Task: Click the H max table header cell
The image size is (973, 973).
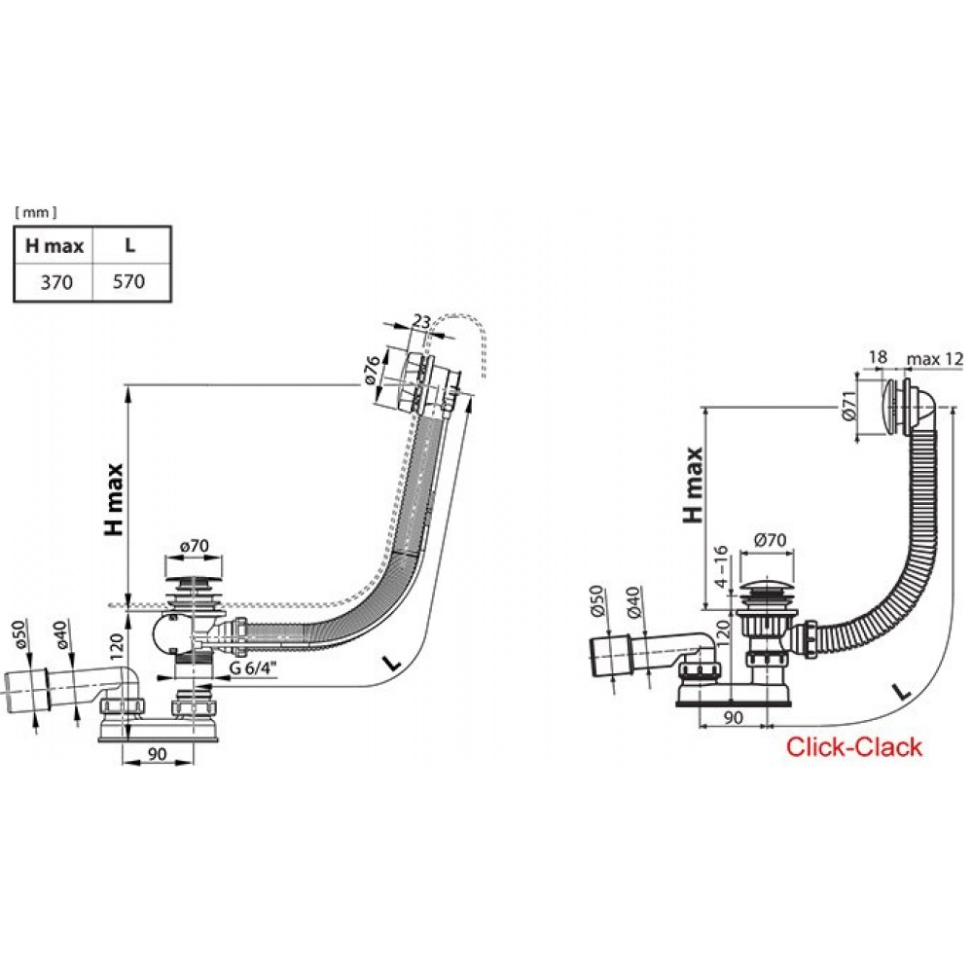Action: click(54, 247)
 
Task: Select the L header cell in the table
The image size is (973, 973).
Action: click(129, 247)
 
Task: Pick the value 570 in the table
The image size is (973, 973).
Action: click(129, 282)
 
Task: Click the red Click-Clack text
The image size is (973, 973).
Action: click(853, 747)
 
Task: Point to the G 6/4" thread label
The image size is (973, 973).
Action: click(253, 669)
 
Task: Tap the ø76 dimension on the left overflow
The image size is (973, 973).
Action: click(374, 374)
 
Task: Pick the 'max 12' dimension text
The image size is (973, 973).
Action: click(934, 358)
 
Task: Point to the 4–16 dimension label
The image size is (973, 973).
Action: click(721, 564)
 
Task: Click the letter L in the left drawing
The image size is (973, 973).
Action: click(390, 662)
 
